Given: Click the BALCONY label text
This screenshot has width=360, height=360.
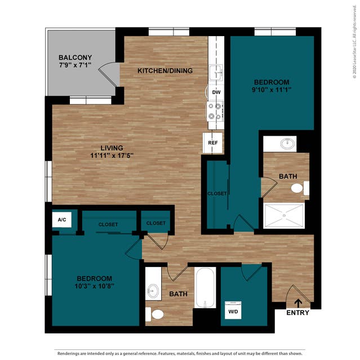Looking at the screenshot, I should tap(74, 57).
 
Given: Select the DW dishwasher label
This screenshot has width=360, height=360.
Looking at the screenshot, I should tap(216, 92).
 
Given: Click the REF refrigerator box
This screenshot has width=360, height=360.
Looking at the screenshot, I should tap(213, 143).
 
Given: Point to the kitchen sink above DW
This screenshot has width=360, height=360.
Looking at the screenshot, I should tap(215, 73).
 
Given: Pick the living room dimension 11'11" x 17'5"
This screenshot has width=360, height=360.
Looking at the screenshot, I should tap(111, 156).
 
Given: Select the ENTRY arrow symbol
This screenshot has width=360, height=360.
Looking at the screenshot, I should tap(298, 303).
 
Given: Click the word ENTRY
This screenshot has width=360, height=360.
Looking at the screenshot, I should tap(297, 313).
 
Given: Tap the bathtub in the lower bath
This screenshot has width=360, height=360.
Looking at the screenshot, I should tap(205, 287).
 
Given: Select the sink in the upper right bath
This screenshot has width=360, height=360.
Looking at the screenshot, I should tap(288, 143).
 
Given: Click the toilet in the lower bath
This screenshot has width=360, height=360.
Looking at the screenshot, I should tap(155, 313).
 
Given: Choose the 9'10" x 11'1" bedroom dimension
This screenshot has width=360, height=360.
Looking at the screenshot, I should tap(272, 89).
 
